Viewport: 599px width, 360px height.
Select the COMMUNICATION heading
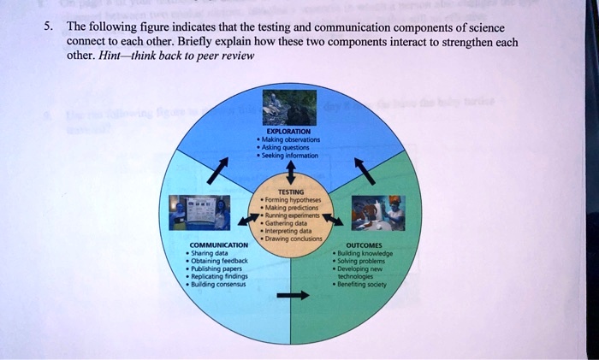tap(216, 245)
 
